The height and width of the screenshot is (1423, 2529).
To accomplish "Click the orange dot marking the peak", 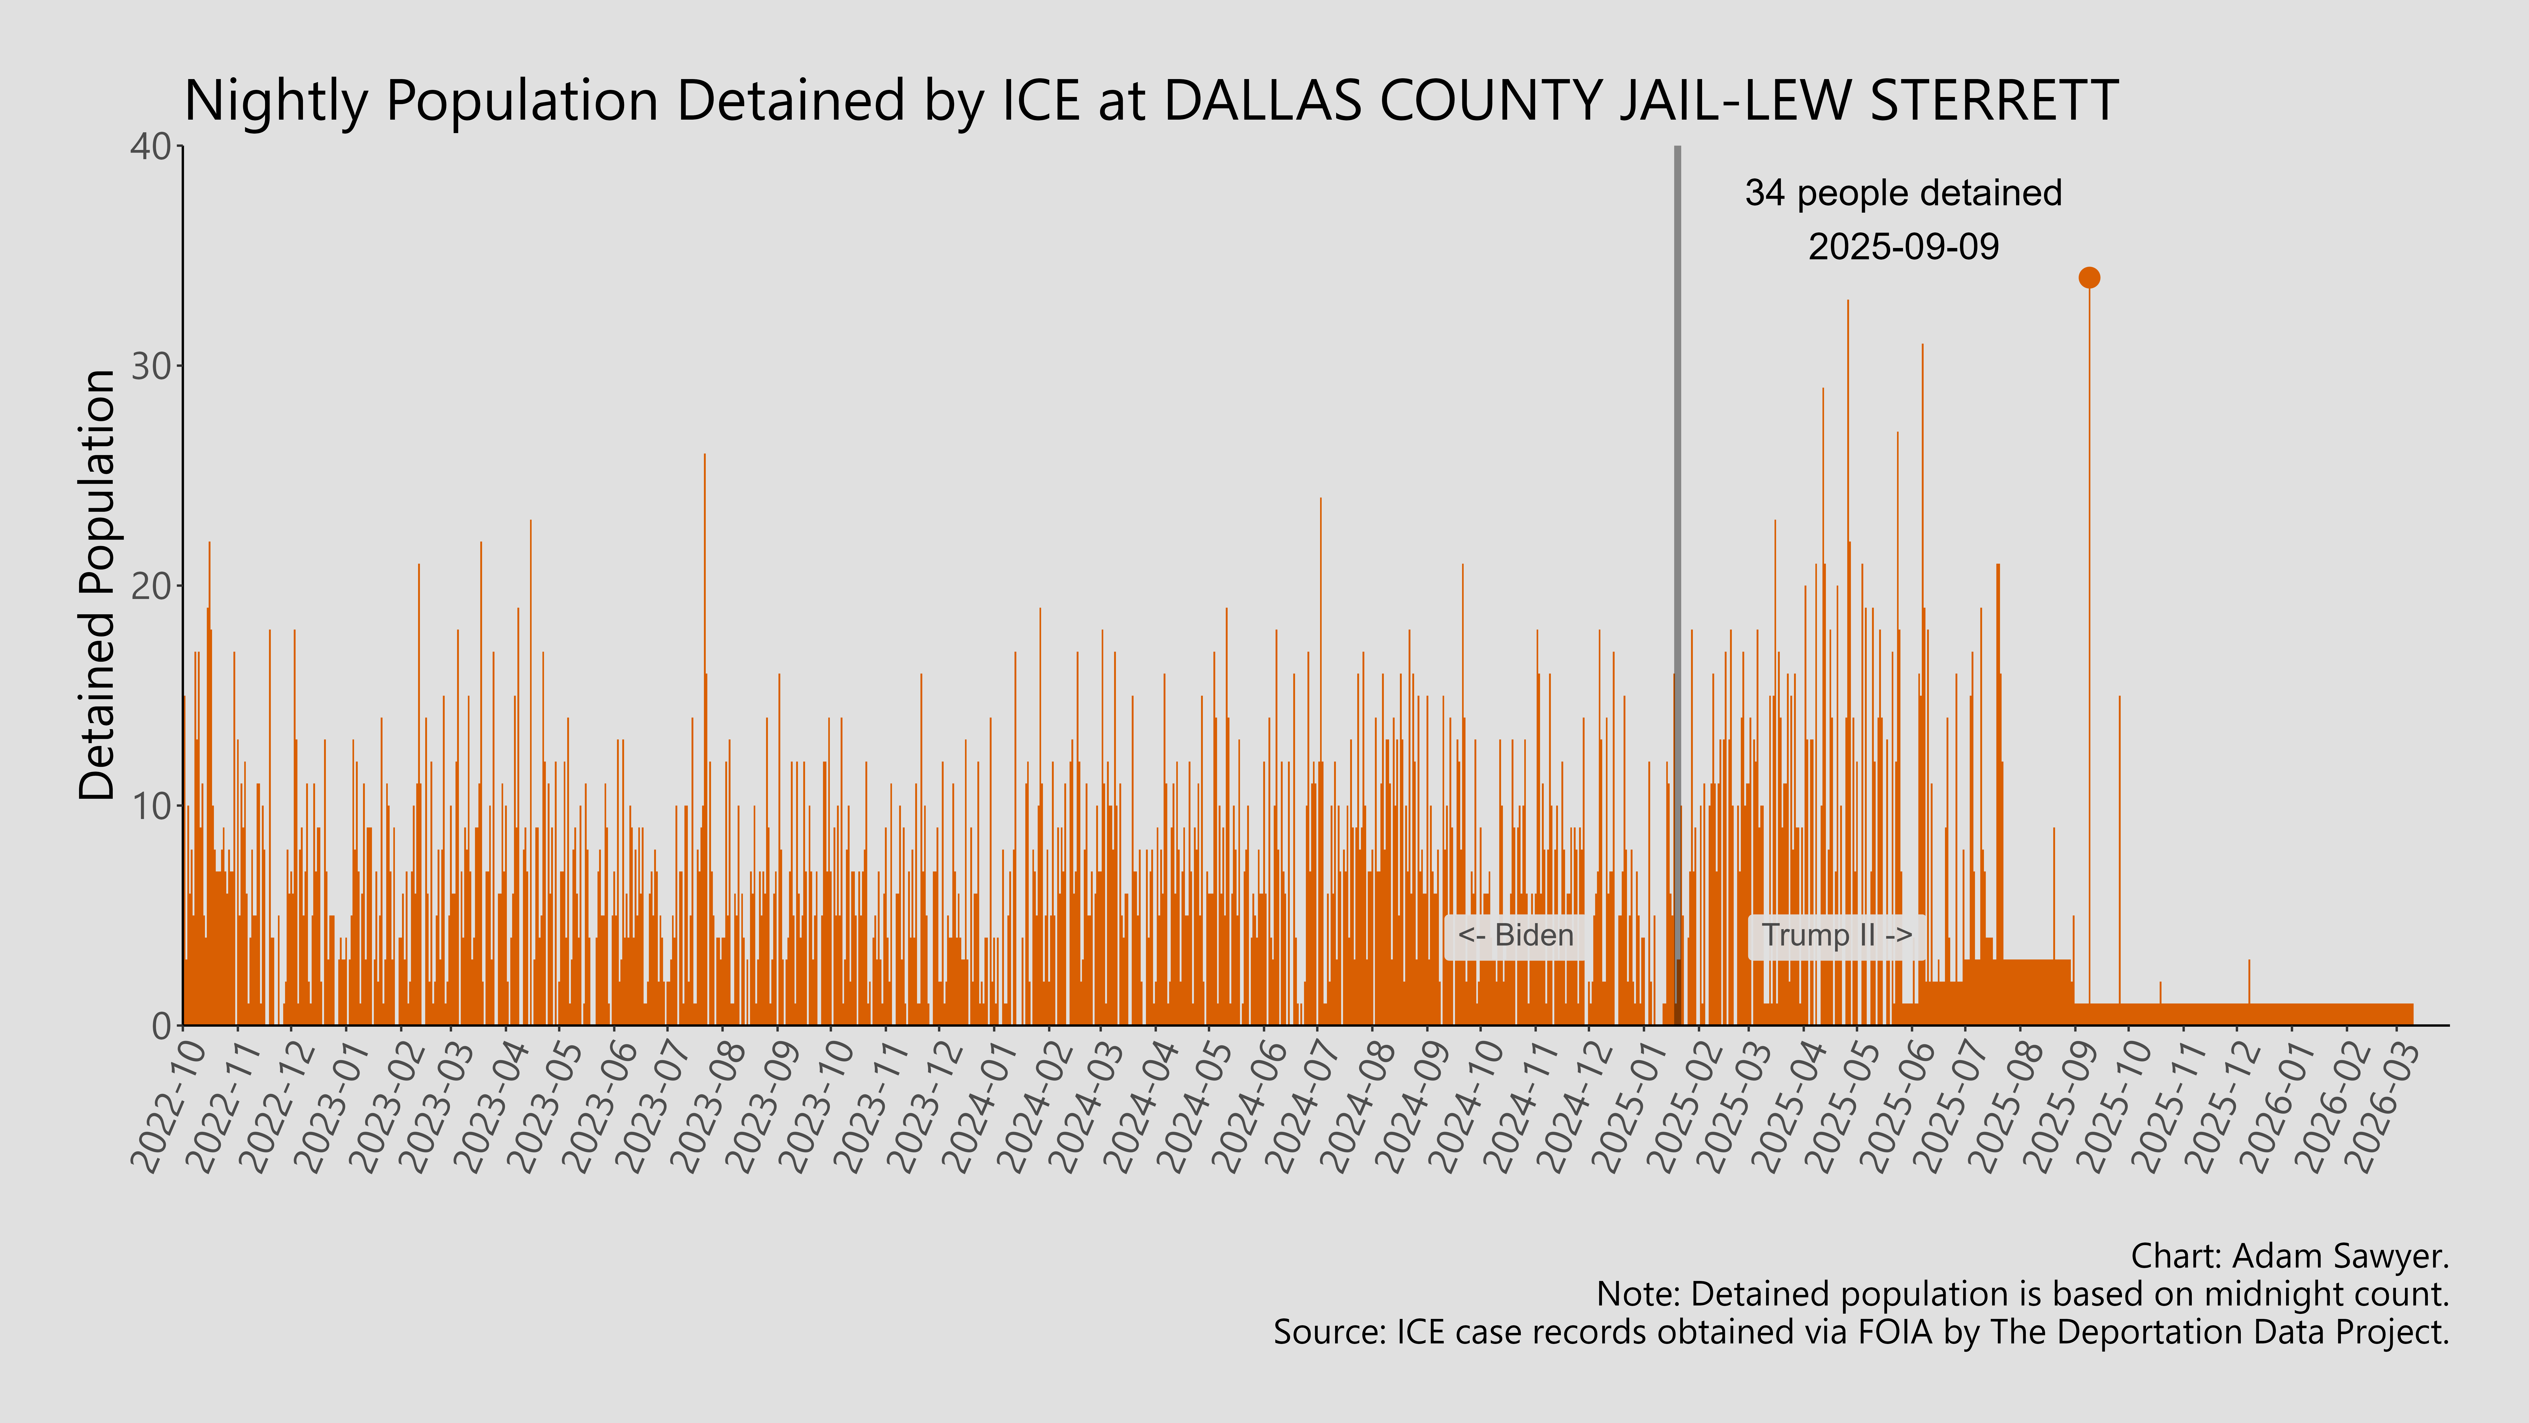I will point(2089,278).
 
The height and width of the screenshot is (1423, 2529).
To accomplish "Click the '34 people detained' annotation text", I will point(1903,193).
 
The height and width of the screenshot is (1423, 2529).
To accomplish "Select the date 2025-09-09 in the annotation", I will point(1903,246).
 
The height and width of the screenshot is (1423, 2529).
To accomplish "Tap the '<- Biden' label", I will point(1515,935).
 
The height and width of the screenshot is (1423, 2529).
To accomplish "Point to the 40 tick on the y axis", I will point(150,147).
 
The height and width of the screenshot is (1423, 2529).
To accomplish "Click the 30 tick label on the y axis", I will point(150,366).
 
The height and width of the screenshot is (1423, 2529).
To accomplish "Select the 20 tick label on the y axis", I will point(150,586).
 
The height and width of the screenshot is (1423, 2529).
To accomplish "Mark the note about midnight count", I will point(2022,1294).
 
